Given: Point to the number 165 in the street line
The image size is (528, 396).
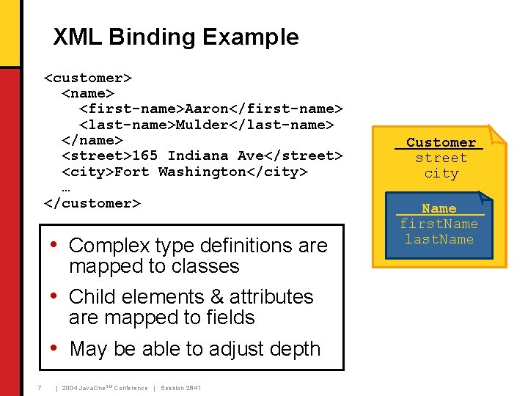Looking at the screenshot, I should pyautogui.click(x=145, y=156).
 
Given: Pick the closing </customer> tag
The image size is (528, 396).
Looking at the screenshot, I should pyautogui.click(x=92, y=203).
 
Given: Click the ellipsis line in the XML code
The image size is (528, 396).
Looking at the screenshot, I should pyautogui.click(x=66, y=188).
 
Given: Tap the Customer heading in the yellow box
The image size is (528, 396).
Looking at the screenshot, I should pyautogui.click(x=441, y=142).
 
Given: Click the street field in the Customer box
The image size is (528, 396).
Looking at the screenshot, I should pyautogui.click(x=441, y=158).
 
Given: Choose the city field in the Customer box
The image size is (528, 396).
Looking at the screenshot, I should pyautogui.click(x=441, y=174).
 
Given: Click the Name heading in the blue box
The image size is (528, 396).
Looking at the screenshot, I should pyautogui.click(x=439, y=209).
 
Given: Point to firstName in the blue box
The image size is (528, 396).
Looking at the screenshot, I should pyautogui.click(x=439, y=224).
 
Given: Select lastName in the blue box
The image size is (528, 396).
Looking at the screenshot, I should pyautogui.click(x=439, y=240).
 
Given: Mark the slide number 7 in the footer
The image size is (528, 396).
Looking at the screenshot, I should pyautogui.click(x=39, y=387).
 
